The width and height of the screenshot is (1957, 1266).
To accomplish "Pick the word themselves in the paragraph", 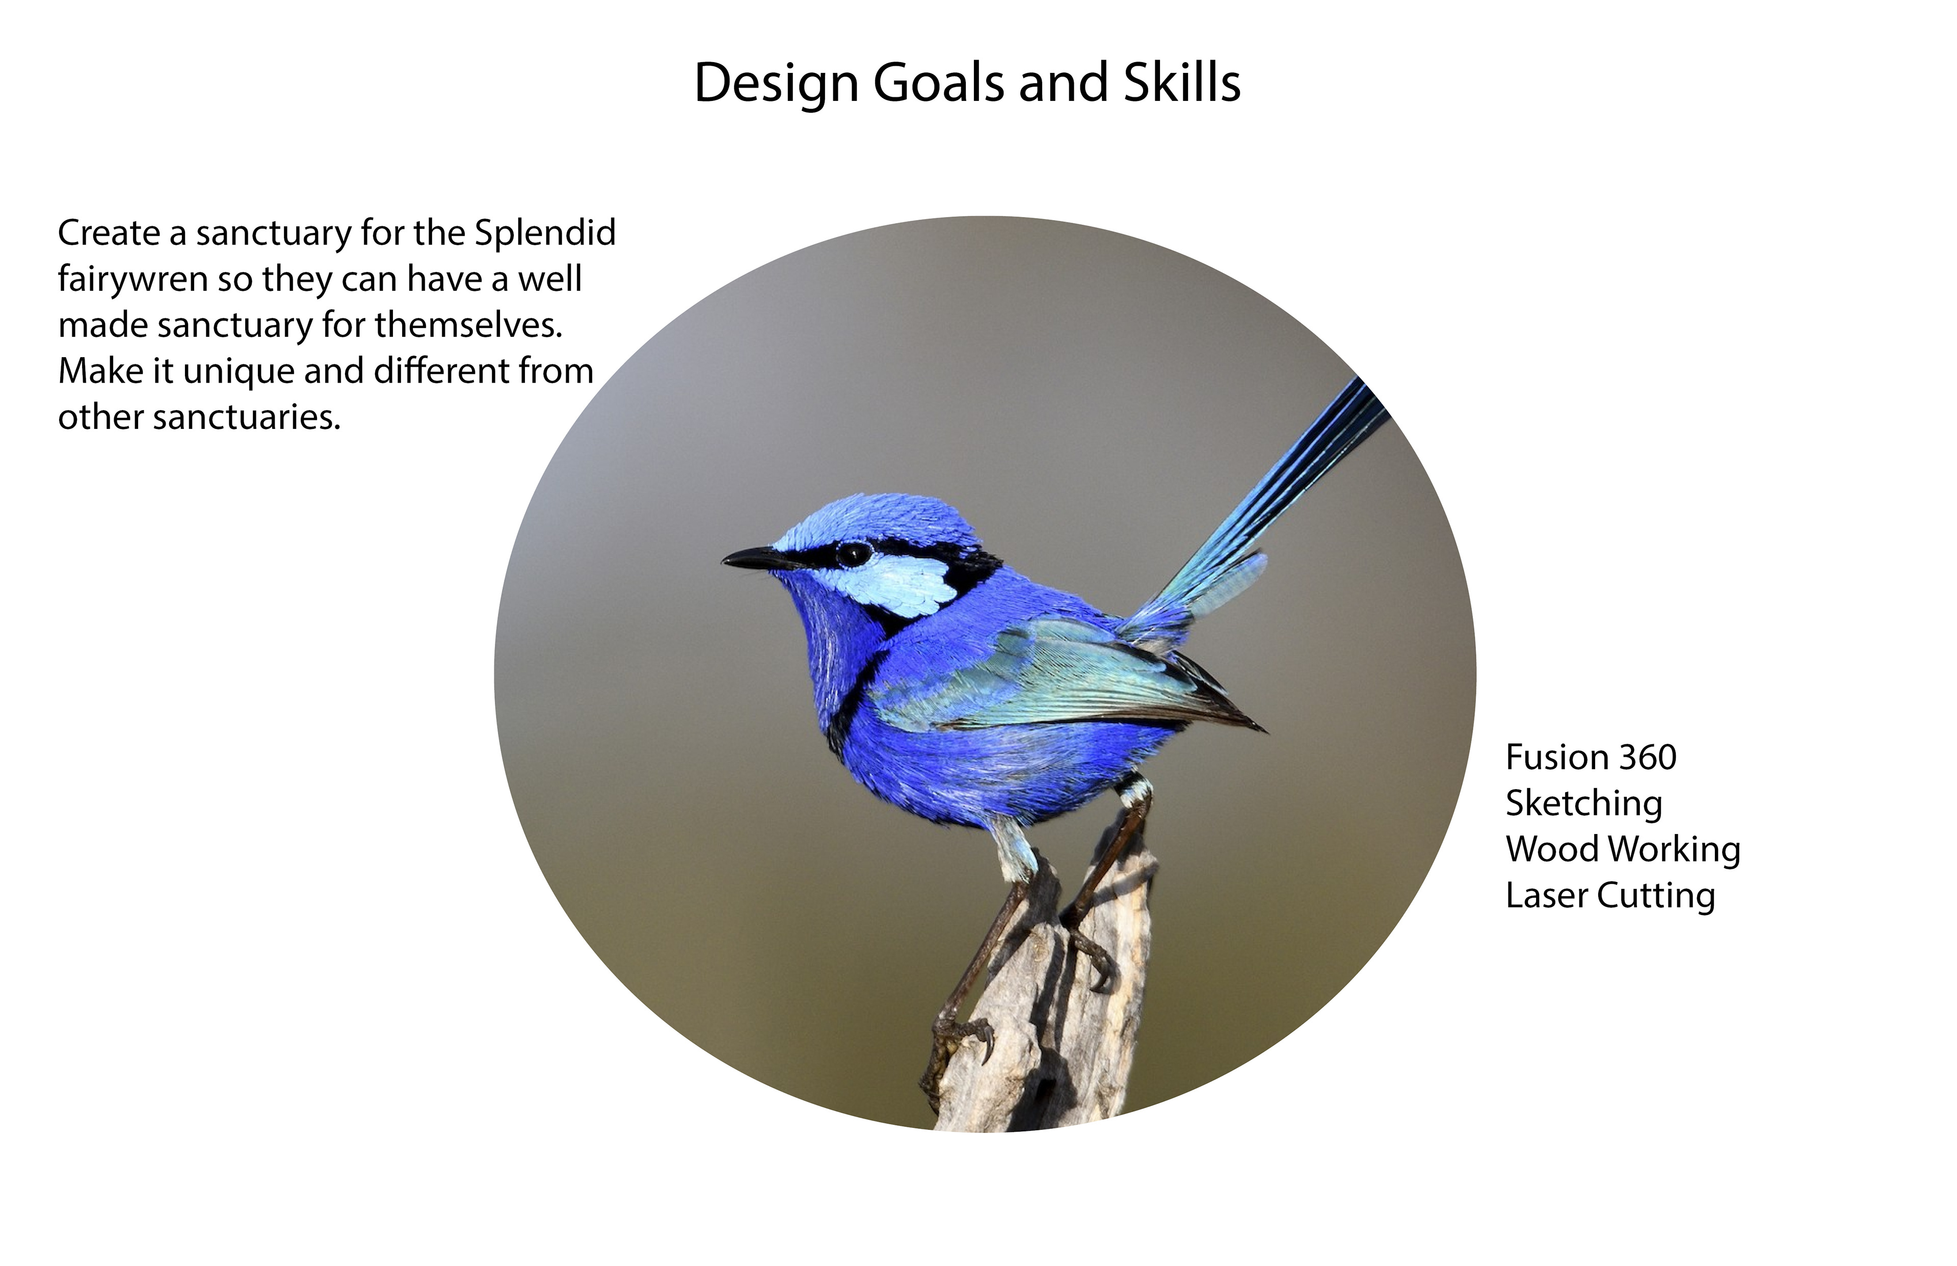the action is tap(469, 326).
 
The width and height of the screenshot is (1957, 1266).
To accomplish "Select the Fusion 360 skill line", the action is tap(1590, 757).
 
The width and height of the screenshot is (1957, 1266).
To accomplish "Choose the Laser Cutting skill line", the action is tap(1610, 896).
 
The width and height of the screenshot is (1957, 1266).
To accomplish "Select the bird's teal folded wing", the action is tap(1069, 674).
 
